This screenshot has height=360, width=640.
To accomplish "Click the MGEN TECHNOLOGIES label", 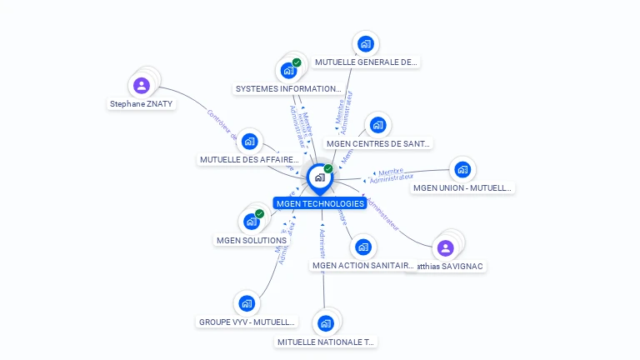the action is (x=320, y=203).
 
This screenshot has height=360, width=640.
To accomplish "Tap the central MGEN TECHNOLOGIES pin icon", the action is (x=319, y=177).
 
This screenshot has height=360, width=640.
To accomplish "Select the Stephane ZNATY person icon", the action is (x=142, y=85).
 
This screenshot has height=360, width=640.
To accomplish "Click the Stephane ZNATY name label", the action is (x=142, y=104).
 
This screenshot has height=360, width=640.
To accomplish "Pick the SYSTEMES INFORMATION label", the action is (x=288, y=88).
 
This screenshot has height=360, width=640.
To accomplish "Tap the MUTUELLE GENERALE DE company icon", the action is (x=364, y=44).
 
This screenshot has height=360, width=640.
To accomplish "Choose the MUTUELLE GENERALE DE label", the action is (x=366, y=62).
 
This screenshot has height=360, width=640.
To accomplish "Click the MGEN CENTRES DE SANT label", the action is (x=378, y=143).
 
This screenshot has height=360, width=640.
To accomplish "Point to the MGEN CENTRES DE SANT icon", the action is (x=377, y=126).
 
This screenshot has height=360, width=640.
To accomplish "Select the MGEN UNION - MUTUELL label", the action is (x=462, y=187).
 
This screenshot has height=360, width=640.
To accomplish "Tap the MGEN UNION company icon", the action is (x=462, y=170).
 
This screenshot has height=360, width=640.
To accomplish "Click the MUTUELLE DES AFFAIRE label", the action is (x=249, y=159).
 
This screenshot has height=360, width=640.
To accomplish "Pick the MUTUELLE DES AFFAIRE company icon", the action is (x=249, y=142).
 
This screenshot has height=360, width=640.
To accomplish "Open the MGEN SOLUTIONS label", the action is (x=252, y=240).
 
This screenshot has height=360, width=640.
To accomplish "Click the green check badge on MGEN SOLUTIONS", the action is (x=260, y=214).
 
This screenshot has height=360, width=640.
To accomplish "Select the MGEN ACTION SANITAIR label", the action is (x=362, y=265).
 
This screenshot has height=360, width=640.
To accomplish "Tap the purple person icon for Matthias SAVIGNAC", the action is (x=445, y=247).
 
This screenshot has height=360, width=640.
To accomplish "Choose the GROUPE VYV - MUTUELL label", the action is (x=247, y=322).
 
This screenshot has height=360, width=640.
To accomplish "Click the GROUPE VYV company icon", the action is (x=246, y=303).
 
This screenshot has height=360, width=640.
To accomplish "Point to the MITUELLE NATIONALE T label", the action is (x=326, y=342).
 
